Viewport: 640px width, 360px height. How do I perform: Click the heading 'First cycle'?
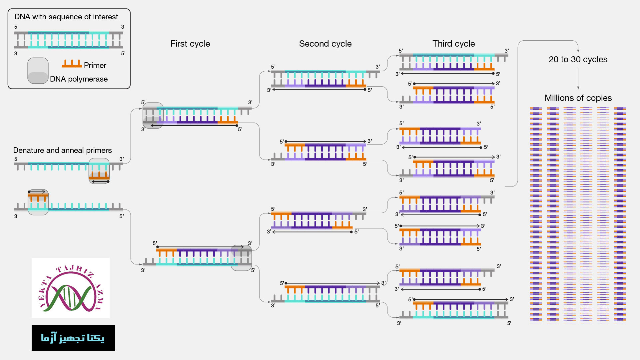coord(190,44)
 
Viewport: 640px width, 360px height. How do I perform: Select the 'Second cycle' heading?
coord(325,44)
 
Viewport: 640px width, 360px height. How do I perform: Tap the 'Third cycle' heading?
coord(453,44)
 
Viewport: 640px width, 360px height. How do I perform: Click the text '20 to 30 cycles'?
coord(578,59)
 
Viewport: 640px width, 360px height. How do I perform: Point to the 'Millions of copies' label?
coord(578,98)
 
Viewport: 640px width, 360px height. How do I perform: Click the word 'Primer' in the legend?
coord(95,65)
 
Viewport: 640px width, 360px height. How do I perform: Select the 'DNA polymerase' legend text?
coord(79,79)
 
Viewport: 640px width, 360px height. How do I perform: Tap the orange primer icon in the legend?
coord(72,64)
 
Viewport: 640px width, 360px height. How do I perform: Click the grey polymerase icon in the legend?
coord(38,71)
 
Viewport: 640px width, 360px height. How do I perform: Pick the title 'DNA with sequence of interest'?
coord(66,17)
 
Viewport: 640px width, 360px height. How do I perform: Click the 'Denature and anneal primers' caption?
coord(62,150)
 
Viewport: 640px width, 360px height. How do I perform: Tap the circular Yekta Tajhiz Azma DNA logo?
coord(71,288)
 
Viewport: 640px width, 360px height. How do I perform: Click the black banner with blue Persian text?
coord(73,338)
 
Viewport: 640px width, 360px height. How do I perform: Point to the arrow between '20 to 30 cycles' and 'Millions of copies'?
coord(578,79)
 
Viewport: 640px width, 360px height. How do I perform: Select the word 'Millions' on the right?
coord(558,98)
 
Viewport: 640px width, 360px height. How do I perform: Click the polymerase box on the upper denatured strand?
coord(99,171)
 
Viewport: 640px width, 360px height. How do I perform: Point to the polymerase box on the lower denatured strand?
coord(38,202)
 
